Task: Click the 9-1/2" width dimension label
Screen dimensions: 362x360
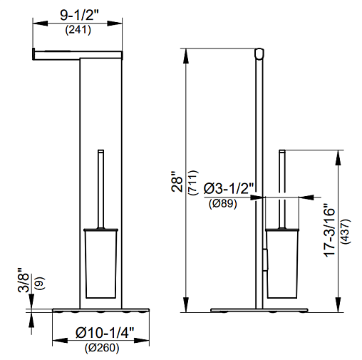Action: click(x=79, y=16)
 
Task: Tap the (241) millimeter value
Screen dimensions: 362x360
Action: click(x=78, y=30)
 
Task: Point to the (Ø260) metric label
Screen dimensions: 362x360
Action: click(x=102, y=348)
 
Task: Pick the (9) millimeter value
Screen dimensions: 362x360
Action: click(x=40, y=283)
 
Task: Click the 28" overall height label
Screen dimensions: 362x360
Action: click(x=177, y=181)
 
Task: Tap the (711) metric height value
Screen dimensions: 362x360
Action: click(x=192, y=182)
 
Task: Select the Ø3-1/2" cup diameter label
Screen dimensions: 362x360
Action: click(x=229, y=188)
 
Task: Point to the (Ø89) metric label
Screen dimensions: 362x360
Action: click(x=223, y=204)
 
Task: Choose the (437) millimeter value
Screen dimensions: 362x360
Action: click(x=346, y=231)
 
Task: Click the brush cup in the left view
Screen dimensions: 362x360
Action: click(x=101, y=263)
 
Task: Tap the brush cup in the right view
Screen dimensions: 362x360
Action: click(x=281, y=263)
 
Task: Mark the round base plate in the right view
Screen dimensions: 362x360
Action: click(x=259, y=310)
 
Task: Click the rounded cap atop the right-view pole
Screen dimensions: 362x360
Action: click(x=259, y=53)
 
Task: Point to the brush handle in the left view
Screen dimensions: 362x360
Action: click(x=101, y=189)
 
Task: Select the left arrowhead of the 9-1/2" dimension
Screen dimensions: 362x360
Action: click(x=40, y=24)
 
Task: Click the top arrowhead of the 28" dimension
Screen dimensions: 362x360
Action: click(x=186, y=56)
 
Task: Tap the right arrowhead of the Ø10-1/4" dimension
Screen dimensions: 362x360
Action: click(x=142, y=341)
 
